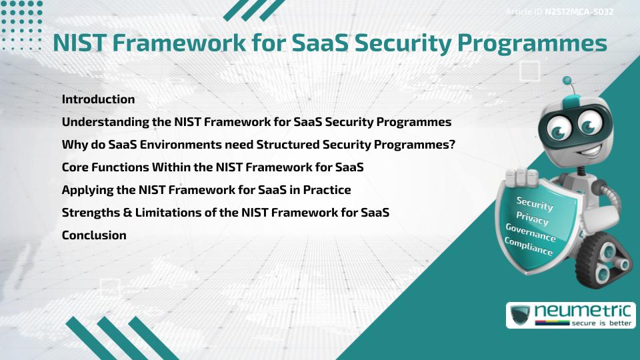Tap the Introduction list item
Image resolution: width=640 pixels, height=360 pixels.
pos(98,99)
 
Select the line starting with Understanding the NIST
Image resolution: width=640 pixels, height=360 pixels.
pos(257,122)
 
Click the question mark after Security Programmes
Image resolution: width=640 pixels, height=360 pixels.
pos(451,145)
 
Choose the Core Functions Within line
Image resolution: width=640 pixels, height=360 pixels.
pos(212,167)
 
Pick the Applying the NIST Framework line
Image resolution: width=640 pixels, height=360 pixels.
pos(206,190)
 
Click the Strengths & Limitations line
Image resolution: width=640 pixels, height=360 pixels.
pos(225,213)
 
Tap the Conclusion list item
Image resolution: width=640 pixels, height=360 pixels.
pos(94,235)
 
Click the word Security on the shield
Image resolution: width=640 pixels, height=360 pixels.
pos(535,203)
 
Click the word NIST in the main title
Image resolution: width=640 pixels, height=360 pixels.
pos(81,42)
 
